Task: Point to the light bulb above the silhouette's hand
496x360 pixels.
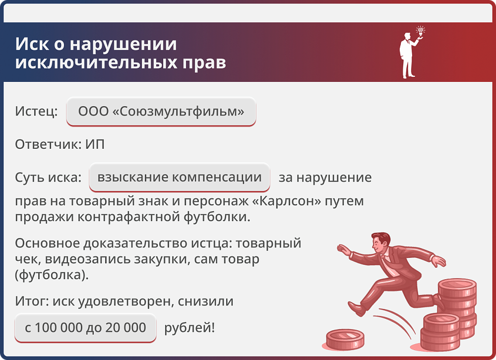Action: pyautogui.click(x=421, y=31)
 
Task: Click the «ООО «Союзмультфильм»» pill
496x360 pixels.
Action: pyautogui.click(x=161, y=111)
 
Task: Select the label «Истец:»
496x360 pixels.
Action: pyautogui.click(x=36, y=111)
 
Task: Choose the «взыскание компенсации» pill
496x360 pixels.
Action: pyautogui.click(x=180, y=177)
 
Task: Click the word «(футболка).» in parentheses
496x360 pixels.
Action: pyautogui.click(x=52, y=274)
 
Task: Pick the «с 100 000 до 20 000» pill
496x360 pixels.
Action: pyautogui.click(x=85, y=327)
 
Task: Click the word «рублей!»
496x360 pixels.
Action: pyautogui.click(x=189, y=327)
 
